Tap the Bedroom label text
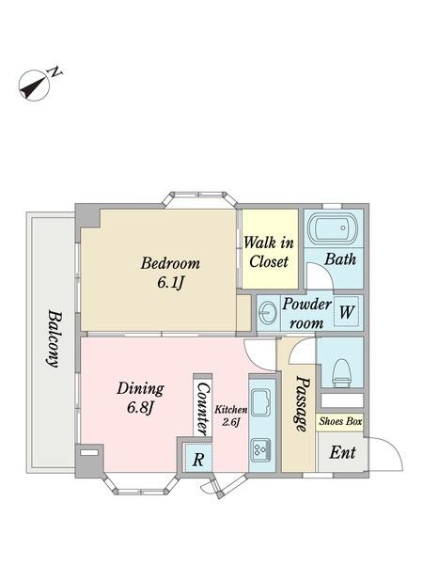[170, 263]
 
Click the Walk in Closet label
[269, 252]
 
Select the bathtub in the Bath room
[334, 228]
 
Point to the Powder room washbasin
[268, 313]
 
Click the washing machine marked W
[346, 311]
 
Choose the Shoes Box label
[340, 421]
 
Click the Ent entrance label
[342, 452]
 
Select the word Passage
[301, 403]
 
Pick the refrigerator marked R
[198, 459]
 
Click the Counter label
[203, 409]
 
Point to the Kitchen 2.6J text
[231, 415]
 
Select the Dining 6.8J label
[140, 398]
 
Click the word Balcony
[54, 338]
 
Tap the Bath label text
[340, 259]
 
